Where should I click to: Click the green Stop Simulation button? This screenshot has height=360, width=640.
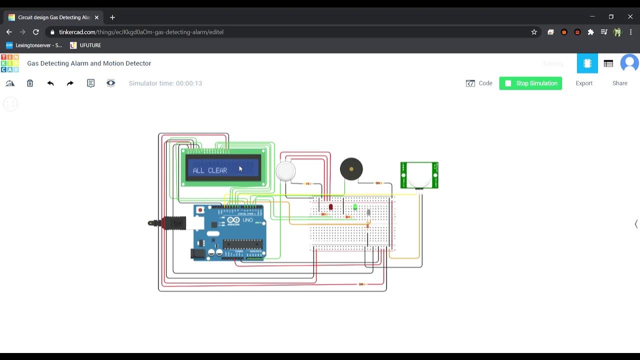(x=530, y=83)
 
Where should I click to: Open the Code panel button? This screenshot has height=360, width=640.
(x=479, y=83)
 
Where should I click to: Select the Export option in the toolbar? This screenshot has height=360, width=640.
(x=584, y=83)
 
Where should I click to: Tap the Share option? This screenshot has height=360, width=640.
(x=619, y=83)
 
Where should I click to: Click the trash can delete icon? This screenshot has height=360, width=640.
(x=30, y=83)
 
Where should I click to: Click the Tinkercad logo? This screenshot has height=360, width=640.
(x=10, y=63)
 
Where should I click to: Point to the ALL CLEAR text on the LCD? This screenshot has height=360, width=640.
(x=210, y=170)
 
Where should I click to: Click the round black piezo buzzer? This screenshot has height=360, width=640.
(x=351, y=169)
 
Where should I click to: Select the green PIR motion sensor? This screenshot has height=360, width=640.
(x=419, y=175)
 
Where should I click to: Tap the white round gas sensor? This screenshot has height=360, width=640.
(x=285, y=171)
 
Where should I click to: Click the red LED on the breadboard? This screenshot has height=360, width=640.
(x=330, y=206)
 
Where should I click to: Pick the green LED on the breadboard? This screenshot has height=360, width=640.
(x=355, y=206)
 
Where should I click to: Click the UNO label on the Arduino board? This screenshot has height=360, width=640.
(x=247, y=220)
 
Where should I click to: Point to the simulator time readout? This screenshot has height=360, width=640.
(x=165, y=83)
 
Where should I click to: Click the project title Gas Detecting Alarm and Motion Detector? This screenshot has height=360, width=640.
(x=89, y=63)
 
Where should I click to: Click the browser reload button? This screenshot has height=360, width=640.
(x=36, y=32)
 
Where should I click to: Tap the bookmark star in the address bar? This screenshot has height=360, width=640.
(x=534, y=32)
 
